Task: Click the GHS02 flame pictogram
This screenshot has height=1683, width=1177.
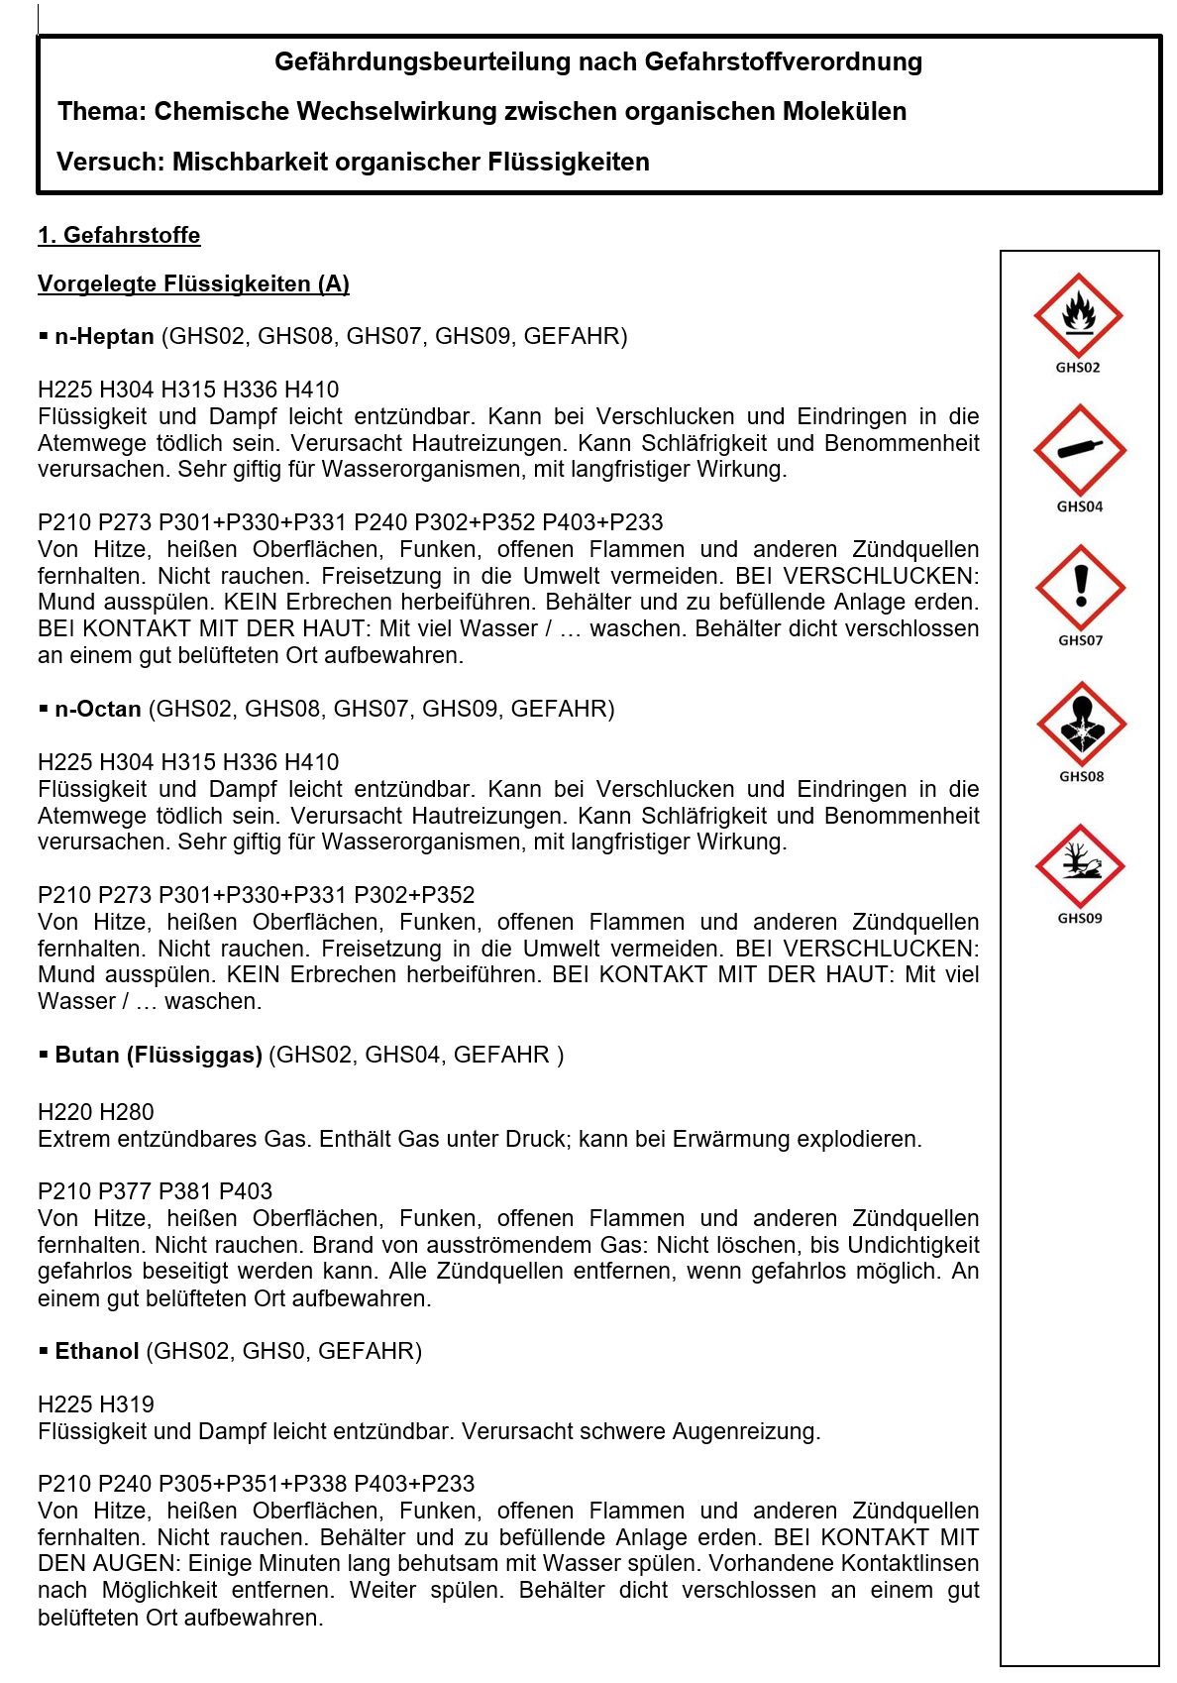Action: pyautogui.click(x=1078, y=316)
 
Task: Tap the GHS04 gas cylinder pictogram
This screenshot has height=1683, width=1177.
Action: pyautogui.click(x=1079, y=450)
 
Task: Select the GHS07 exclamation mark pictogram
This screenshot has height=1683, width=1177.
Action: pyautogui.click(x=1080, y=588)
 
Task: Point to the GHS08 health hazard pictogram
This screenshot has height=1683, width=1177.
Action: pyautogui.click(x=1081, y=725)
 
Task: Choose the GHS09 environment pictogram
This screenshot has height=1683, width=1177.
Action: pyautogui.click(x=1080, y=866)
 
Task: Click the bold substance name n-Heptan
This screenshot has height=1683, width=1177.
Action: pyautogui.click(x=104, y=337)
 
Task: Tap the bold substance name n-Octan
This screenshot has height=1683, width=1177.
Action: pyautogui.click(x=98, y=710)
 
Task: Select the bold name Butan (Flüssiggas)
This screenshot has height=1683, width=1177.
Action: pyautogui.click(x=159, y=1056)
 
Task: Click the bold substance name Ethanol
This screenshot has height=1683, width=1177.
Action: pyautogui.click(x=97, y=1352)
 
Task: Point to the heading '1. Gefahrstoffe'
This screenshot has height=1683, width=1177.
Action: pyautogui.click(x=119, y=236)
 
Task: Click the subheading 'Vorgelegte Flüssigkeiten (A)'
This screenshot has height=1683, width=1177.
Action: pyautogui.click(x=193, y=284)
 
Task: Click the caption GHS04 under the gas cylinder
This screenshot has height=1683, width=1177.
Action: pyautogui.click(x=1079, y=507)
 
